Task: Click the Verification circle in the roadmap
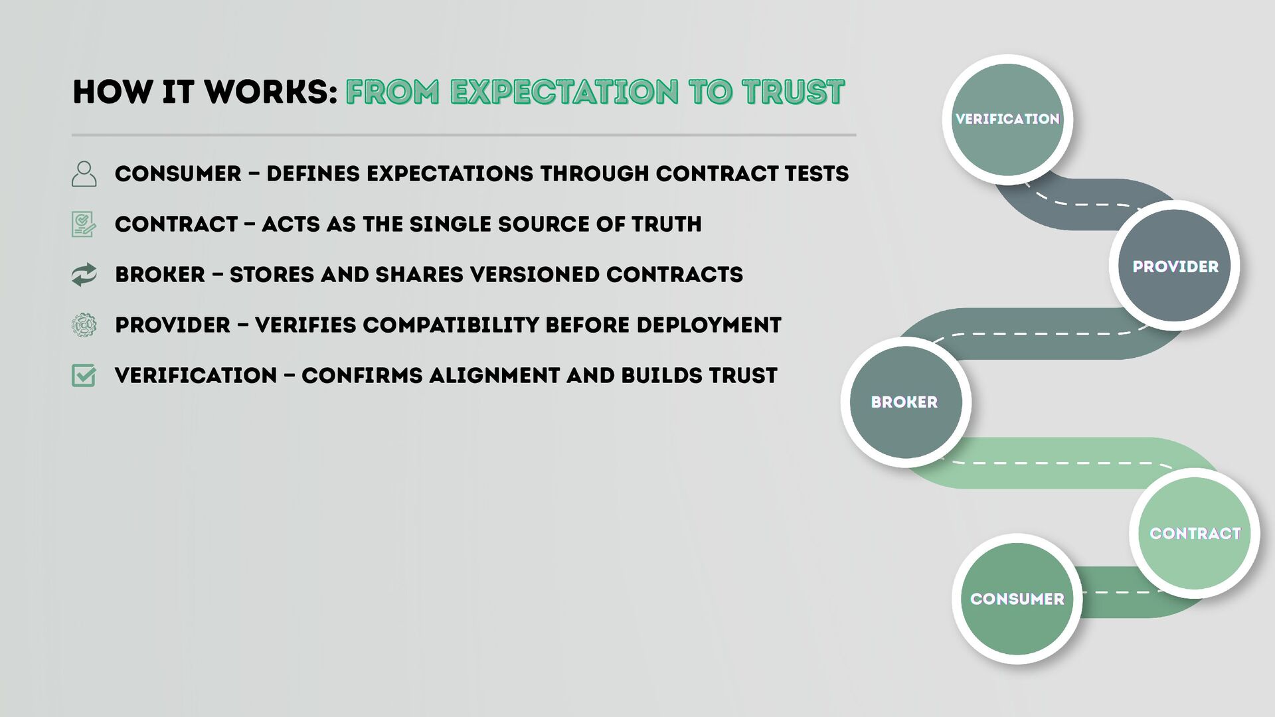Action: coord(1007,119)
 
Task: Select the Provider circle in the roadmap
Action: coord(1175,266)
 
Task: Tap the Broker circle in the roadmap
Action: coord(906,402)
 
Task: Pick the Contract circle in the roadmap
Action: coord(1195,533)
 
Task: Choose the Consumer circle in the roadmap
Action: coord(1017,599)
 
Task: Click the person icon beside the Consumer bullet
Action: coord(84,174)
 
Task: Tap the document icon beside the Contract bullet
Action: coord(84,224)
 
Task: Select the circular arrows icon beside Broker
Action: coord(84,275)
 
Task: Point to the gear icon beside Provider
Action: coord(84,325)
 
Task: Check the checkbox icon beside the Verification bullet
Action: coord(84,376)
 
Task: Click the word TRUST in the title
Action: coord(793,92)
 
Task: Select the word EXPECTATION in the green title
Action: coord(564,92)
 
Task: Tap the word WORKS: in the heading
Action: coord(272,92)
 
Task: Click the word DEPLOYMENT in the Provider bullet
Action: coord(709,325)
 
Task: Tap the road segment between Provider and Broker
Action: coord(1036,334)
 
